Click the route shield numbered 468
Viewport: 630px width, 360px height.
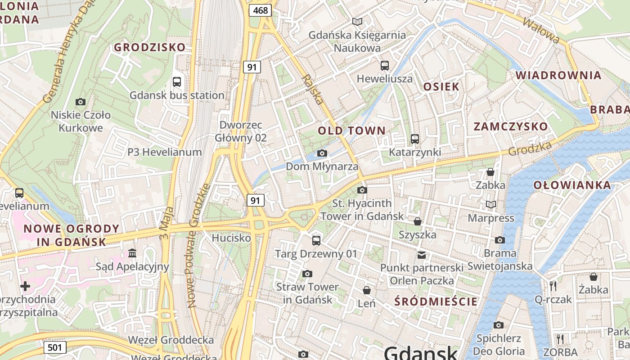pos(261,10)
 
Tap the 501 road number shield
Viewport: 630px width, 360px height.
pos(55,347)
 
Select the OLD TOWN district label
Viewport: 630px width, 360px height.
pos(351,131)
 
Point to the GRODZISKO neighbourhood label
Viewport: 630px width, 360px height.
pos(149,47)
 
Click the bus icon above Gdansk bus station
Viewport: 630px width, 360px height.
pos(177,82)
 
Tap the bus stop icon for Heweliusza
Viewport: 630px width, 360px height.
pos(384,66)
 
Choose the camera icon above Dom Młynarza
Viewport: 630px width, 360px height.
pos(322,153)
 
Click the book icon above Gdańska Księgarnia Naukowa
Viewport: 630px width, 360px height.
pos(357,22)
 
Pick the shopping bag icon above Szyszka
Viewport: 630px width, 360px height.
pos(418,221)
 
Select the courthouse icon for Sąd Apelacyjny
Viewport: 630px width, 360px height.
pos(132,253)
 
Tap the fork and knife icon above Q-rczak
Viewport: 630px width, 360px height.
pos(553,286)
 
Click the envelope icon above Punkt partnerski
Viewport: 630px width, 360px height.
pos(421,255)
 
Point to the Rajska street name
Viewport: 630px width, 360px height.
pos(313,90)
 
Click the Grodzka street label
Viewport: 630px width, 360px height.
pos(530,148)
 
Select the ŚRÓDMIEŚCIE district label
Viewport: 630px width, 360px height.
pos(436,301)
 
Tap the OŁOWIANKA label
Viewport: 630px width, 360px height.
pos(572,185)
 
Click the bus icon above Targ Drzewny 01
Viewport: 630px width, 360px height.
pos(316,240)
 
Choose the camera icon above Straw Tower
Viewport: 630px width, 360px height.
pos(307,274)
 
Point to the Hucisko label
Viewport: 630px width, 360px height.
pos(231,238)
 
